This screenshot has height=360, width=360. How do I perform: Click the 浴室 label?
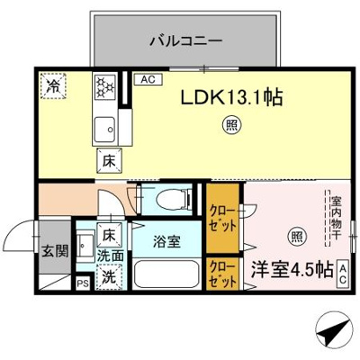pyautogui.click(x=165, y=241)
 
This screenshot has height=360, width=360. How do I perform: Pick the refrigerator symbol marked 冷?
pyautogui.click(x=55, y=87)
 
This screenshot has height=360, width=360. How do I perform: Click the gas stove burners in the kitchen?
pyautogui.click(x=105, y=87)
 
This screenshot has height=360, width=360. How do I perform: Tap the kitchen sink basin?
pyautogui.click(x=107, y=126)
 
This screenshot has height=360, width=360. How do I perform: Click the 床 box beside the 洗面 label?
pyautogui.click(x=109, y=236)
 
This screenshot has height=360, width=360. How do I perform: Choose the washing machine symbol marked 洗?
pyautogui.click(x=109, y=278)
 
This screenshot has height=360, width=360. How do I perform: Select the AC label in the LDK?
pyautogui.click(x=146, y=80)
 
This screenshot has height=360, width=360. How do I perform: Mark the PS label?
pyautogui.click(x=83, y=285)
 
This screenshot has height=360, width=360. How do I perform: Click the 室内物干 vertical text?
pyautogui.click(x=335, y=219)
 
